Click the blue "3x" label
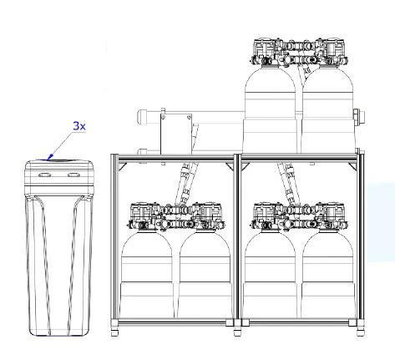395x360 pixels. (79, 126)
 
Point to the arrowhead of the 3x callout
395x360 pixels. (50, 158)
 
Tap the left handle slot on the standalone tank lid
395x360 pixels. (44, 175)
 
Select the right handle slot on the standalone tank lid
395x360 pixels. (73, 175)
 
